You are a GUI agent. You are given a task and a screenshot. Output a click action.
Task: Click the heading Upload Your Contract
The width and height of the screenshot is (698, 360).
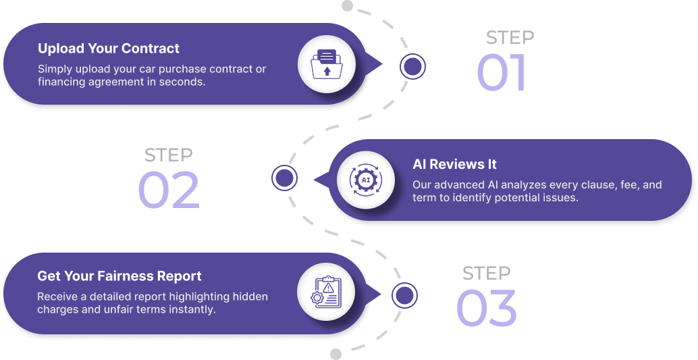pyautogui.click(x=109, y=49)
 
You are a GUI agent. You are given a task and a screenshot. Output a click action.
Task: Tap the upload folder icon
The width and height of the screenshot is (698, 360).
pyautogui.click(x=327, y=65)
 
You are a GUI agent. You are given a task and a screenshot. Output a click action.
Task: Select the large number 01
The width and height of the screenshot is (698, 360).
pyautogui.click(x=501, y=73)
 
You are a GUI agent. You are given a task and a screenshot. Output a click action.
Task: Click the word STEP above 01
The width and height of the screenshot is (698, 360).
pyautogui.click(x=510, y=38)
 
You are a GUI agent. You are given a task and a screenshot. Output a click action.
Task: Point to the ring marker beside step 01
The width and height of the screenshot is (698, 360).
pyautogui.click(x=412, y=66)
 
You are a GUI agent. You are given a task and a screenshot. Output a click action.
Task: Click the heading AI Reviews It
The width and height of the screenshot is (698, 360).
pyautogui.click(x=454, y=164)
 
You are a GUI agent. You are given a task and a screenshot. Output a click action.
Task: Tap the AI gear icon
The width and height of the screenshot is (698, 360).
pyautogui.click(x=365, y=179)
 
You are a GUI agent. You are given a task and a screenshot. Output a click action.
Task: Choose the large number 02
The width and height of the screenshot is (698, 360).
pyautogui.click(x=169, y=190)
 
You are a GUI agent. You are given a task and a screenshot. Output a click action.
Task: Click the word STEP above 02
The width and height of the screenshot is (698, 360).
pyautogui.click(x=169, y=155)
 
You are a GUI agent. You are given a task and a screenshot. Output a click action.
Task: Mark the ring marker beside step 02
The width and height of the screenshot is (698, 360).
pyautogui.click(x=284, y=178)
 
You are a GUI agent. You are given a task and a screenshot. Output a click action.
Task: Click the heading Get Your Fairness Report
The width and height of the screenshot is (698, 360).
pyautogui.click(x=119, y=276)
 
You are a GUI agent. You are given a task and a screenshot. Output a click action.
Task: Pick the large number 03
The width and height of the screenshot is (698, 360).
pyautogui.click(x=487, y=309)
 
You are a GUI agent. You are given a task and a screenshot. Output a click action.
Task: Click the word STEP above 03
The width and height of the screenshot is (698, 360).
pyautogui.click(x=486, y=274)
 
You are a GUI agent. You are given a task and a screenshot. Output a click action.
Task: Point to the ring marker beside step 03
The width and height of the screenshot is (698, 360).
pyautogui.click(x=404, y=295)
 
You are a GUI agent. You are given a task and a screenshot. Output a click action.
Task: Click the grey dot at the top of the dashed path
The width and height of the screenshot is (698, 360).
pyautogui.click(x=347, y=6)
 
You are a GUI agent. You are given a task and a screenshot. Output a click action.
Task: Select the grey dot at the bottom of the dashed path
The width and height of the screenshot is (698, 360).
pyautogui.click(x=335, y=354)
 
